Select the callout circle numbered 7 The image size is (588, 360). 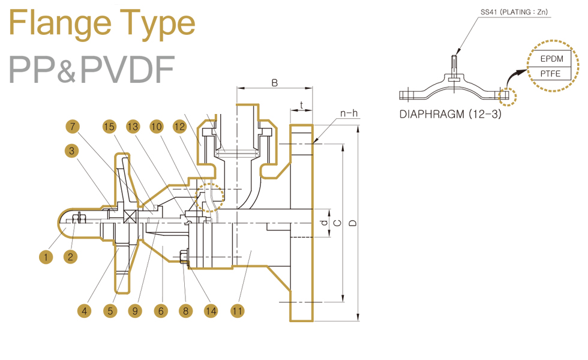[x=72, y=127]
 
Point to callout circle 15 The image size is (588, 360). [x=109, y=127]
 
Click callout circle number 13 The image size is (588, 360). [x=133, y=127]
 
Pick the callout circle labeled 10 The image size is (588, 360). [x=157, y=127]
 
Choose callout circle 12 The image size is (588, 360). [x=179, y=127]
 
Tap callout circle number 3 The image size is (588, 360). [x=72, y=151]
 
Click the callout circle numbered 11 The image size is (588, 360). [x=238, y=311]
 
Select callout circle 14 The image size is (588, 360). [x=210, y=311]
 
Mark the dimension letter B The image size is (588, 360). [x=274, y=83]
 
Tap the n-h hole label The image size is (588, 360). [x=349, y=113]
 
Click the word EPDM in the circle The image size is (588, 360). [x=552, y=59]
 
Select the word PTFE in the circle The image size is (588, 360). [x=552, y=74]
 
